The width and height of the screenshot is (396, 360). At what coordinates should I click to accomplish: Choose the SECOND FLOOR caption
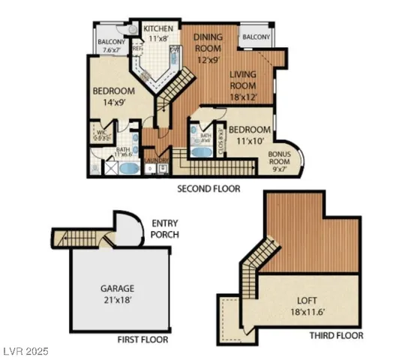click(x=208, y=189)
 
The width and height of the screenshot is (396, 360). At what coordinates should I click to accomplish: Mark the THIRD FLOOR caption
click(x=336, y=335)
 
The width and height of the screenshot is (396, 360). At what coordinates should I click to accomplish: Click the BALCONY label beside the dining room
click(x=256, y=37)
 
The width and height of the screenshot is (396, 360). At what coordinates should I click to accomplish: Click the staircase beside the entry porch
click(x=80, y=238)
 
